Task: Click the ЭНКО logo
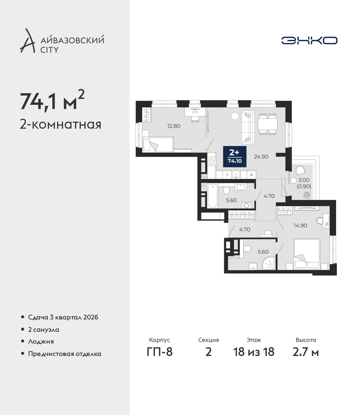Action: [309, 40]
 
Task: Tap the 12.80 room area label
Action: [174, 126]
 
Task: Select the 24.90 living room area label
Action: [261, 157]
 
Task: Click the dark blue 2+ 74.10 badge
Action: [235, 157]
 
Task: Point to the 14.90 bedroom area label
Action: [300, 225]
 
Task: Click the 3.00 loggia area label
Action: [304, 180]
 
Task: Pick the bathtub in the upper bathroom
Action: [212, 196]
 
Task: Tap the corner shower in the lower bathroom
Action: [269, 263]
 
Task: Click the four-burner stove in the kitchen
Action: [212, 161]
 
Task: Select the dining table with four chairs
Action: [267, 124]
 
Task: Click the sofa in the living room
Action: [248, 127]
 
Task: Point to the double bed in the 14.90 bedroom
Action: [307, 254]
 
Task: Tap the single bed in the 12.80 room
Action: [158, 144]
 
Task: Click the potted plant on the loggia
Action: [307, 195]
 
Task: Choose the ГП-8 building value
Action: [159, 352]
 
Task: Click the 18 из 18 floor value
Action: [254, 352]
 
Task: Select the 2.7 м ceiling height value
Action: [305, 352]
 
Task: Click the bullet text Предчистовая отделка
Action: [65, 354]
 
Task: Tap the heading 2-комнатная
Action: [60, 124]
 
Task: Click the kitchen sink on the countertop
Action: [236, 174]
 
